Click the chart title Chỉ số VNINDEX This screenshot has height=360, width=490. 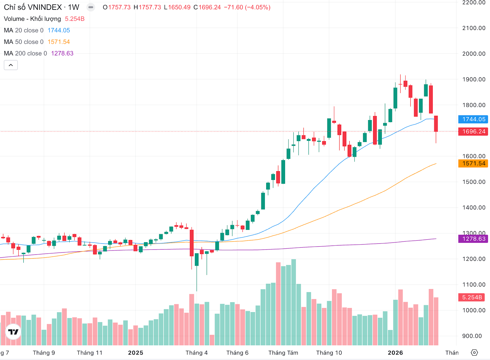[x=33, y=7]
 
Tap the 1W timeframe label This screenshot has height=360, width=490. [x=73, y=7]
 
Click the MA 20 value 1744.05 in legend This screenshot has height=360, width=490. [x=59, y=30]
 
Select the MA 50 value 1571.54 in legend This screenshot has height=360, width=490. [x=59, y=42]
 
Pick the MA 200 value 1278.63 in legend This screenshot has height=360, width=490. [x=62, y=54]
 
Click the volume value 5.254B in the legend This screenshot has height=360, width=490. [x=75, y=19]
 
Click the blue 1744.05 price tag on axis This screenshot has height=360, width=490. [x=473, y=119]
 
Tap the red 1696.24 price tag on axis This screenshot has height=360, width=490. [x=473, y=132]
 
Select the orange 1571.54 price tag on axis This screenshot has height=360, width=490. [x=473, y=163]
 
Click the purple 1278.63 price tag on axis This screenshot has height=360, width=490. [x=473, y=239]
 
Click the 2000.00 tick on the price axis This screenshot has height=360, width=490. [x=474, y=54]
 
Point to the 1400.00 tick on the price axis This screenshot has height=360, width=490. [x=474, y=208]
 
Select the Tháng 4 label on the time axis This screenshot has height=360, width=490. [x=197, y=353]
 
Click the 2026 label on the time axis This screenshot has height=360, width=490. [x=395, y=353]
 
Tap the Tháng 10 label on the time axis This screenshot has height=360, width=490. [x=329, y=353]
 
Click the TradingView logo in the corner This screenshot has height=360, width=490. [x=13, y=332]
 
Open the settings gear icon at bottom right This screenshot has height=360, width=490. [x=474, y=353]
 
